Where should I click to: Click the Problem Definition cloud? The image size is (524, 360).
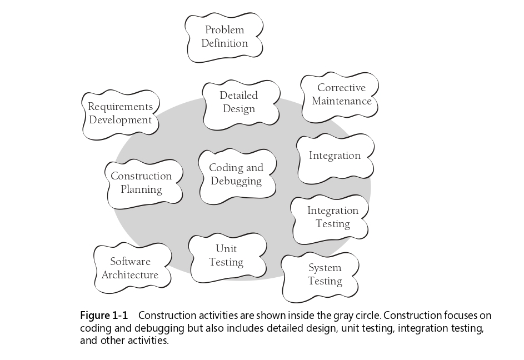(224, 37)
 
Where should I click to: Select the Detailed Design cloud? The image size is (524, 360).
(241, 104)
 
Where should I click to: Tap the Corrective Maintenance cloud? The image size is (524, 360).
(340, 97)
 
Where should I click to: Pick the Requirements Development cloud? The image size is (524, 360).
(121, 114)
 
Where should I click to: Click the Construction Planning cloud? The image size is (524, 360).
(144, 184)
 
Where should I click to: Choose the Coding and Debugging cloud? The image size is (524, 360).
(237, 177)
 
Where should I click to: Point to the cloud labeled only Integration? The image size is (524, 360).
(336, 159)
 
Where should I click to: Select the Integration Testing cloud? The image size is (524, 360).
(330, 220)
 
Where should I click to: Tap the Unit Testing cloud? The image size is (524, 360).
(228, 258)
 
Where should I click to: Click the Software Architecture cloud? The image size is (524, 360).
(133, 267)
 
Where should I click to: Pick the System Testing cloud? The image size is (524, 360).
(320, 277)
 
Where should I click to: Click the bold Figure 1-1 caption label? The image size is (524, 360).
(104, 315)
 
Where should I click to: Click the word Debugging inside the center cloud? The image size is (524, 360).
(236, 181)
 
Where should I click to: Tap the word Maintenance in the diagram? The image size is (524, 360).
(342, 101)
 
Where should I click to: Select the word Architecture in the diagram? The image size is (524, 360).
(130, 275)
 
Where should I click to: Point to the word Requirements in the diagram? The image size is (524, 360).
(121, 107)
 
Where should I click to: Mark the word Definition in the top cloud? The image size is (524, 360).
(224, 43)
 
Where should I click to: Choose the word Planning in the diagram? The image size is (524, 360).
(141, 189)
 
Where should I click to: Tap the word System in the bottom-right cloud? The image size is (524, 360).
(325, 268)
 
